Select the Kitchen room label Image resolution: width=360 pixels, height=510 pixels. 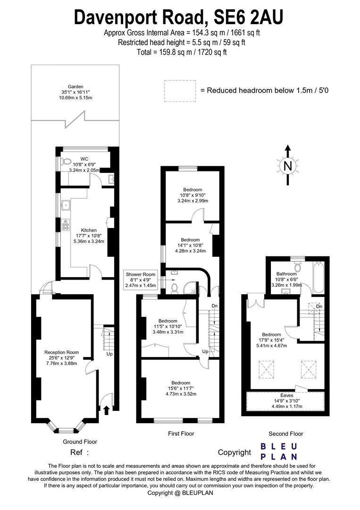point(89,230)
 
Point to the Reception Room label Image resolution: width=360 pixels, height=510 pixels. point(61,352)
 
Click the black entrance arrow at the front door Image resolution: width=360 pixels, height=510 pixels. point(106,409)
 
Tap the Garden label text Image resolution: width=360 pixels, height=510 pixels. point(75,87)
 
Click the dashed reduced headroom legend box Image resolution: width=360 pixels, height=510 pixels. point(180,91)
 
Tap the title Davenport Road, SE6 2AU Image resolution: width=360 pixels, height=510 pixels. point(179,18)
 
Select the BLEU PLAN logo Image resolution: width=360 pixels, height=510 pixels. point(279,451)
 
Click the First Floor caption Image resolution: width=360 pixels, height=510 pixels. point(181,433)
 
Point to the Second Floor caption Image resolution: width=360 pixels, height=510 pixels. point(286,433)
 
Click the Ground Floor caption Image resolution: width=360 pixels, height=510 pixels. point(80,442)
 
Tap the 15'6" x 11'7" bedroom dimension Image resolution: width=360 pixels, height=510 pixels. point(181,388)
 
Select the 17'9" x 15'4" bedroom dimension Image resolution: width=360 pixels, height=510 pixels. point(271,340)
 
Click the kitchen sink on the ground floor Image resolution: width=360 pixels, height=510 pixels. point(66,205)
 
